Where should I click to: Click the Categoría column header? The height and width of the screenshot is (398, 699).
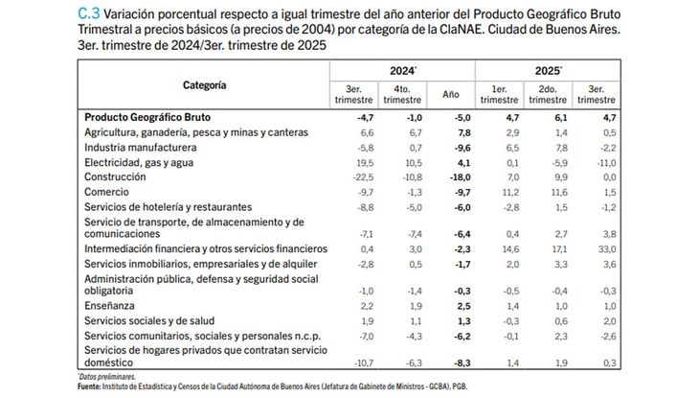click(204, 86)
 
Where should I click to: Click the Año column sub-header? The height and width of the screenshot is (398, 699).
click(452, 95)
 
